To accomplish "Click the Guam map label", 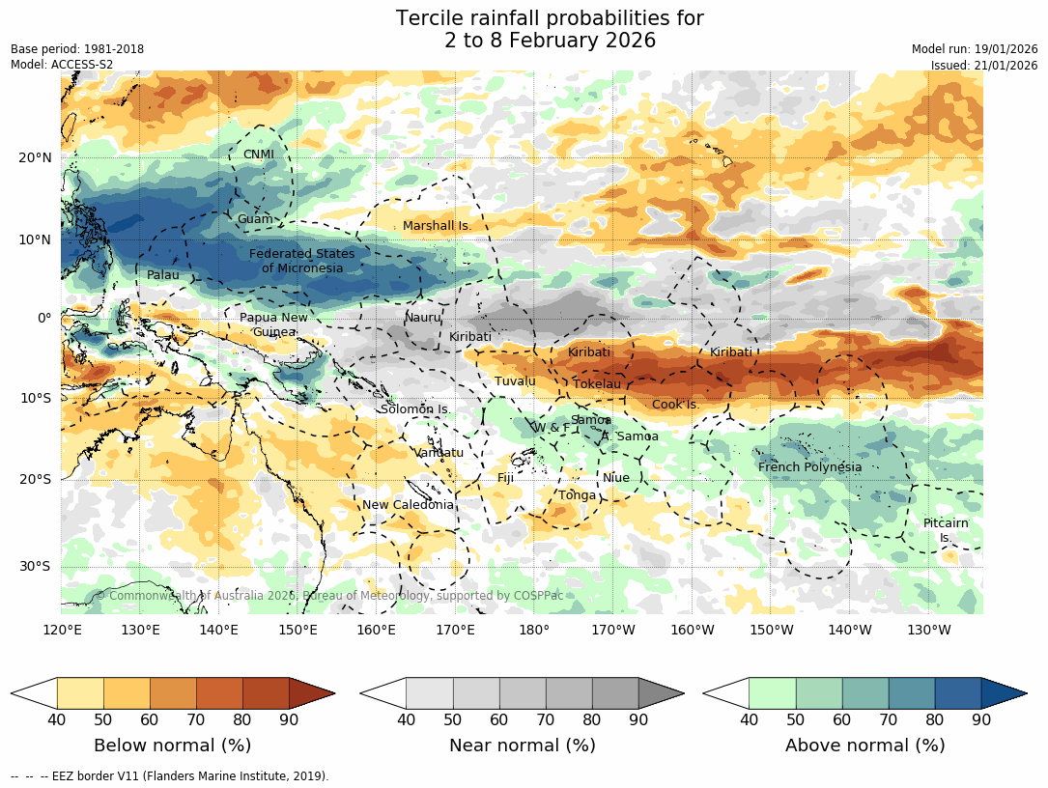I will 256,219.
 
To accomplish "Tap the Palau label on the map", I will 163,275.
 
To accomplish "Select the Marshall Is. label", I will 437,226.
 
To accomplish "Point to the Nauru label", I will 422,318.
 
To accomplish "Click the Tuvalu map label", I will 515,381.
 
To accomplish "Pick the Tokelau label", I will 597,384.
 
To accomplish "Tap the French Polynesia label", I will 809,467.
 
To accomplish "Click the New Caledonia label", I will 408,505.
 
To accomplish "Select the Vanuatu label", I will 439,452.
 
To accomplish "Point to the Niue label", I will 615,478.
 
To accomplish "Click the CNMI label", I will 259,155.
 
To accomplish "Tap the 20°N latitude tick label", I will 35,158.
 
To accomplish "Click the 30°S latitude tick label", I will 36,567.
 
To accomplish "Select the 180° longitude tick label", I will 534,631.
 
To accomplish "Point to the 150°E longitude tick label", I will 297,631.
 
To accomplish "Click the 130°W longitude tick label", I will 928,631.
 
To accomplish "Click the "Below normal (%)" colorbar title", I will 172,746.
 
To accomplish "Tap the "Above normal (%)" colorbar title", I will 864,746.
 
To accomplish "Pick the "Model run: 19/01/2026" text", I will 975,49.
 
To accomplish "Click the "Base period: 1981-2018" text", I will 77,49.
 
